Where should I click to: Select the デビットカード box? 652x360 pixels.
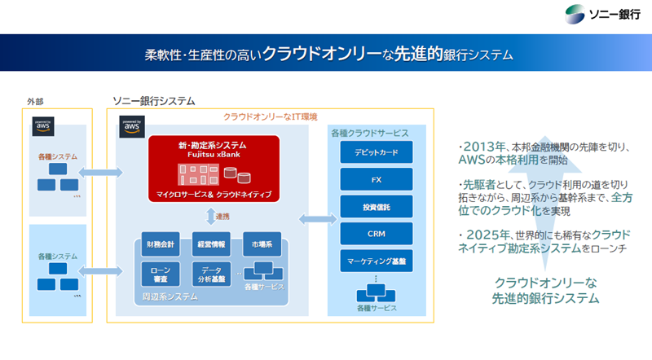click(x=377, y=152)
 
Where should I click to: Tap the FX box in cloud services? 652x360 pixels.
click(x=377, y=179)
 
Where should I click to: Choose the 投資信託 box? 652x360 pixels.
click(x=377, y=206)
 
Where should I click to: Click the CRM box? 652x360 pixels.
click(x=377, y=233)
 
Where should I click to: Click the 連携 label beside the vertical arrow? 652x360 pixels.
click(x=222, y=217)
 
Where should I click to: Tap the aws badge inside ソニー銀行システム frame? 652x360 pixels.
click(x=130, y=128)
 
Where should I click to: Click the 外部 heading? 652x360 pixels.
click(x=35, y=101)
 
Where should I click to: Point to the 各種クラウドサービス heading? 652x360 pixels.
click(x=370, y=132)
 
